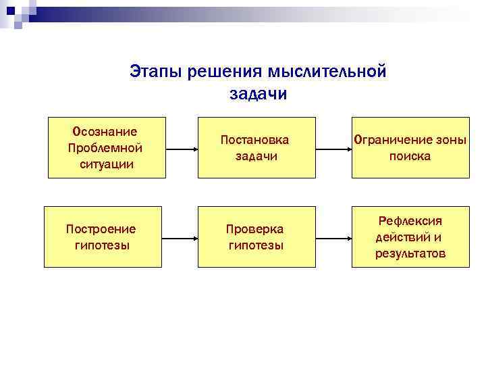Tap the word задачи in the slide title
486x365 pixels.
258,94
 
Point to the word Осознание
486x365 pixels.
105,131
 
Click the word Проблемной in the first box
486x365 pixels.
105,147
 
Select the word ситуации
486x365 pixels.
105,164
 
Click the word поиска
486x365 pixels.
410,156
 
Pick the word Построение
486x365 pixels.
101,229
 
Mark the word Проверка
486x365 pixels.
255,229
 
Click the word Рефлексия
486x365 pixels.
410,221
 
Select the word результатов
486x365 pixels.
410,253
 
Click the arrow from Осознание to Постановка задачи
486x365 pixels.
181,147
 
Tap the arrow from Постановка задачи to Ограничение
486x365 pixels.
333,147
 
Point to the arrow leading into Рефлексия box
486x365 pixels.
333,237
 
